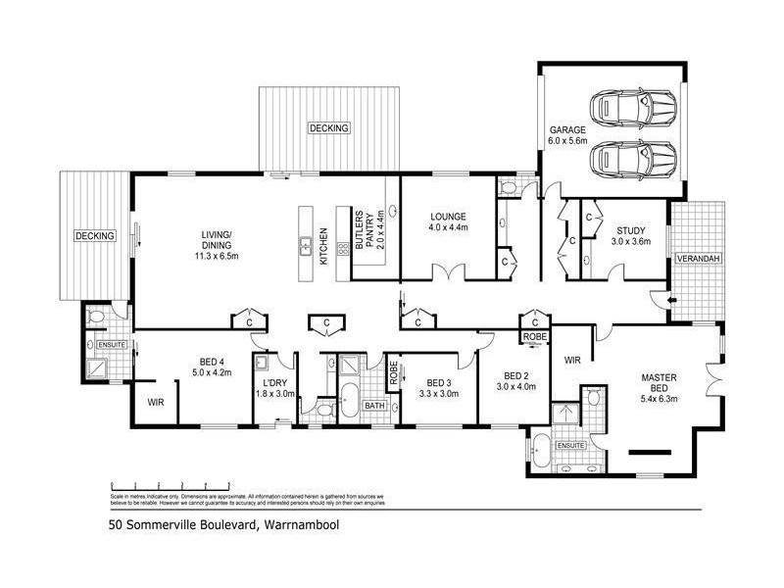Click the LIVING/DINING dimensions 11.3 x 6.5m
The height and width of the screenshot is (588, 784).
217,256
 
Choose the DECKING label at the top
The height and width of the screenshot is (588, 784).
329,128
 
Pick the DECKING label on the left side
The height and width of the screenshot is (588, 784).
95,236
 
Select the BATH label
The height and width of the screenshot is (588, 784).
374,405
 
